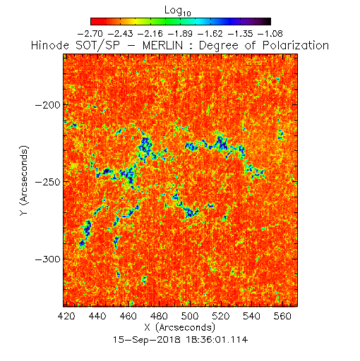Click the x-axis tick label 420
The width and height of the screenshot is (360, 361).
click(66, 316)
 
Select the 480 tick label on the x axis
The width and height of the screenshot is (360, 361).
click(159, 316)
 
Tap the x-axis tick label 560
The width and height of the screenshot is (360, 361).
click(282, 316)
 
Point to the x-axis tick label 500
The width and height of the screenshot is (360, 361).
click(190, 316)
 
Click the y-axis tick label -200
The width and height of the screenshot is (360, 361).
click(48, 105)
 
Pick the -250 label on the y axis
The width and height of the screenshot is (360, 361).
click(48, 182)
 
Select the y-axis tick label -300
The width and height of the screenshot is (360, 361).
click(48, 259)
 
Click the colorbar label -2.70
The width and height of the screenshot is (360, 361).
click(90, 34)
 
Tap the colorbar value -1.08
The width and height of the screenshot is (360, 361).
click(270, 34)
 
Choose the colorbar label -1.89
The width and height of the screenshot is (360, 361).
click(180, 34)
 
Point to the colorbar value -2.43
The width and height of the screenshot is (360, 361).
click(120, 34)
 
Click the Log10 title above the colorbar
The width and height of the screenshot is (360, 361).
click(178, 11)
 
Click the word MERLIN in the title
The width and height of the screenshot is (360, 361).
click(162, 46)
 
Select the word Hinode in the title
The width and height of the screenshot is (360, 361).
click(50, 46)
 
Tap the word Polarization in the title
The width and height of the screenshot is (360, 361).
click(296, 46)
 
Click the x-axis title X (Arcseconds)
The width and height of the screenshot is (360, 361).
click(180, 327)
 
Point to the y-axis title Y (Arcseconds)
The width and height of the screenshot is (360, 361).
click(24, 180)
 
